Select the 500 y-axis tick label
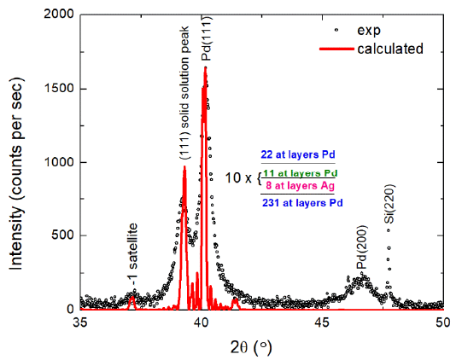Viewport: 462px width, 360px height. point(61,235)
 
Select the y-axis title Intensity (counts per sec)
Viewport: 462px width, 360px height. point(16,162)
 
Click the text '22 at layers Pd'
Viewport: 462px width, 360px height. point(297,155)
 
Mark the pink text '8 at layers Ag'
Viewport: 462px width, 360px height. point(297,186)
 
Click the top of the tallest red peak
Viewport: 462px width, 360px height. point(206,67)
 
